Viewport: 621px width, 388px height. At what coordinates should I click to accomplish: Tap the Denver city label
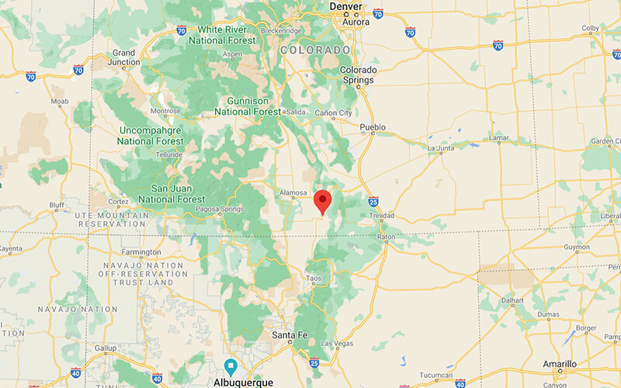[345, 6]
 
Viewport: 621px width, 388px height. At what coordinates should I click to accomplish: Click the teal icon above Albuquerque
[231, 366]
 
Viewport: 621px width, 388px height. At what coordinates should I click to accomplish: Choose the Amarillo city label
[559, 364]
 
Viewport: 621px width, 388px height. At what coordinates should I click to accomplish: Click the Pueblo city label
[373, 126]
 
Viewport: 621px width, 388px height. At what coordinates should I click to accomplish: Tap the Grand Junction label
[124, 58]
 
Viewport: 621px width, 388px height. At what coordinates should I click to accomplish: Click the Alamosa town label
[293, 193]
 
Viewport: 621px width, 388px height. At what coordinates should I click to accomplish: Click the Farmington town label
[141, 252]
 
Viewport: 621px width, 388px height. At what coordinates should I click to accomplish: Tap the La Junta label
[441, 147]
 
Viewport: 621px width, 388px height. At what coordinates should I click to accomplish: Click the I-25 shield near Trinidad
[373, 200]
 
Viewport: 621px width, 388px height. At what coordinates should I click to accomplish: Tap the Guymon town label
[577, 249]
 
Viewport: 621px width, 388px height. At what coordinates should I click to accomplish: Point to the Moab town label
[61, 102]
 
